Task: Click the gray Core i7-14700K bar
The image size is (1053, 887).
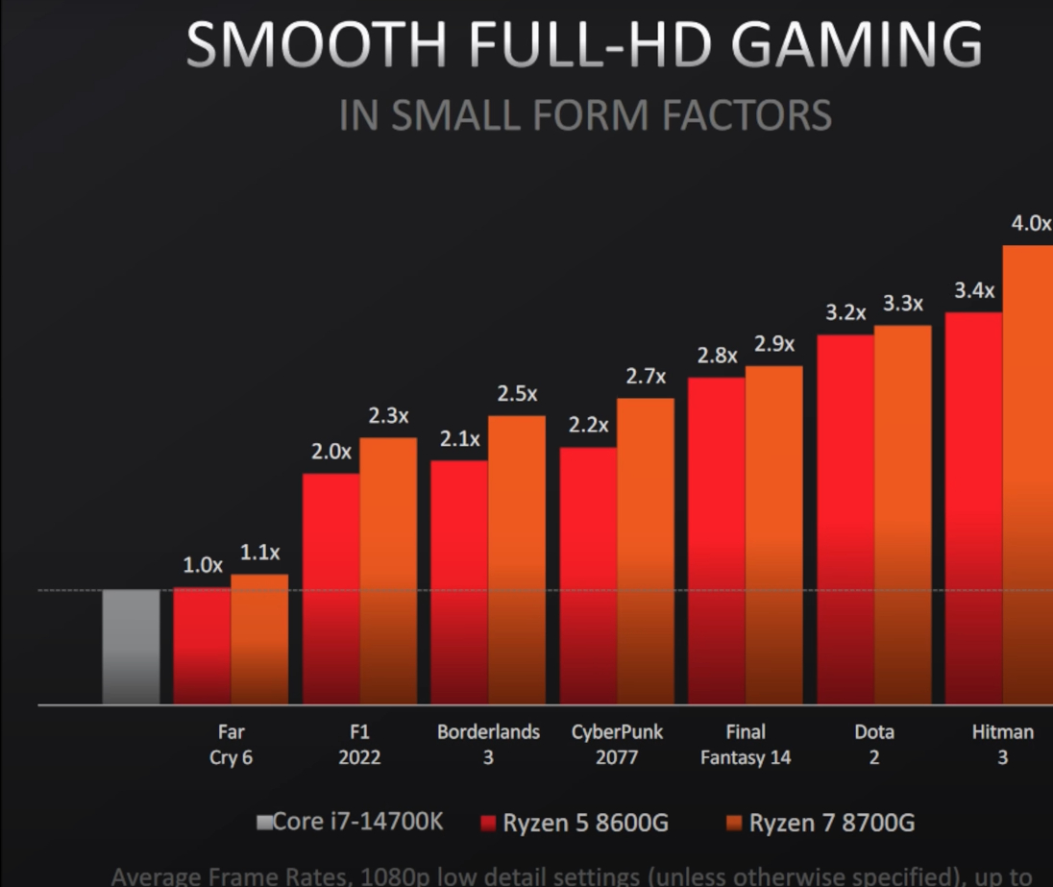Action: (132, 647)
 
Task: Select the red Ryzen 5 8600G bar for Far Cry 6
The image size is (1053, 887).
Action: (202, 646)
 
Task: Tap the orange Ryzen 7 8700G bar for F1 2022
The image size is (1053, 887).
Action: (388, 571)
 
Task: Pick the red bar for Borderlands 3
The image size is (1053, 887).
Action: (459, 581)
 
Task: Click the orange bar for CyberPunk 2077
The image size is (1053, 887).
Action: (646, 551)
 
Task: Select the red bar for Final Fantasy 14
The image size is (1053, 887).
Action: (717, 540)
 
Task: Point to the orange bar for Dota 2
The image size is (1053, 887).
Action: (902, 514)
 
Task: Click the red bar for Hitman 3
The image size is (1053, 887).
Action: (973, 507)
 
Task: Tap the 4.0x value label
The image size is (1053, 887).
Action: (1031, 224)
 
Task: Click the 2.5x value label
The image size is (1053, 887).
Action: (517, 394)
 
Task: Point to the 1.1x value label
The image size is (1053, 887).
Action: (259, 553)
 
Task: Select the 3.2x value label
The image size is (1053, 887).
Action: (845, 313)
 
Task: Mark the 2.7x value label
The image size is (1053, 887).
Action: (646, 377)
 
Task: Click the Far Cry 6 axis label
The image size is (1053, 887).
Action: (231, 745)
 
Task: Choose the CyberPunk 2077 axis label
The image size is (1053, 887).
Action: (617, 745)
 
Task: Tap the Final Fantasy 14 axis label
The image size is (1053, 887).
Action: (746, 745)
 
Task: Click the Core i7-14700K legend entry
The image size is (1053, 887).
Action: (350, 823)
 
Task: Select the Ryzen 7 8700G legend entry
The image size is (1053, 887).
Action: (820, 824)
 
